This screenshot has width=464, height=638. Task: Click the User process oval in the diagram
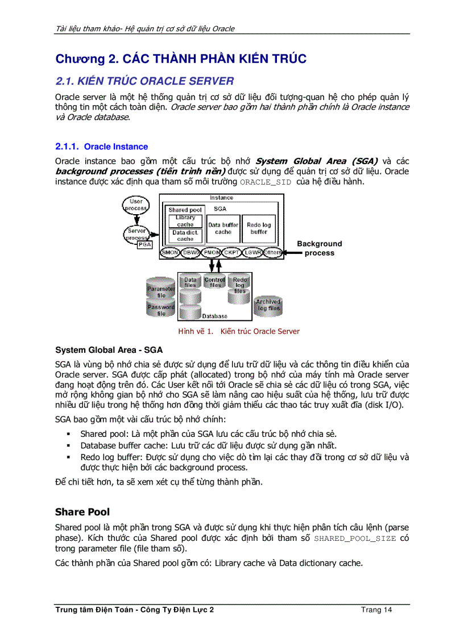tap(136, 205)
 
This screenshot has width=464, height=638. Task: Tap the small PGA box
tap(145, 244)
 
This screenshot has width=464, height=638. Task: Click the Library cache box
tap(185, 221)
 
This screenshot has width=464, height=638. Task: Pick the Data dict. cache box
tap(185, 236)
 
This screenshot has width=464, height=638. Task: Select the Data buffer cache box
tap(223, 228)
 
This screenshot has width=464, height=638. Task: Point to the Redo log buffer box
tap(258, 228)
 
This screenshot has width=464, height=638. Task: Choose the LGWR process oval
tap(252, 252)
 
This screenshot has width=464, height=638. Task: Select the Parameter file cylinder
tap(161, 289)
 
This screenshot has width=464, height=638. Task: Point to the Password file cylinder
tap(161, 308)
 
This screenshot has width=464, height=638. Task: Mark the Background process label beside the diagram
tap(320, 248)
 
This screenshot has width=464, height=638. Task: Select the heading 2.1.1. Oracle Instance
tap(101, 147)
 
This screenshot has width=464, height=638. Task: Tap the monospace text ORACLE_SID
tap(266, 182)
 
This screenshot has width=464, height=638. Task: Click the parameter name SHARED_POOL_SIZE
tap(355, 539)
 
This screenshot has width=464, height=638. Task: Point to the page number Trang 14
tap(376, 610)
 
